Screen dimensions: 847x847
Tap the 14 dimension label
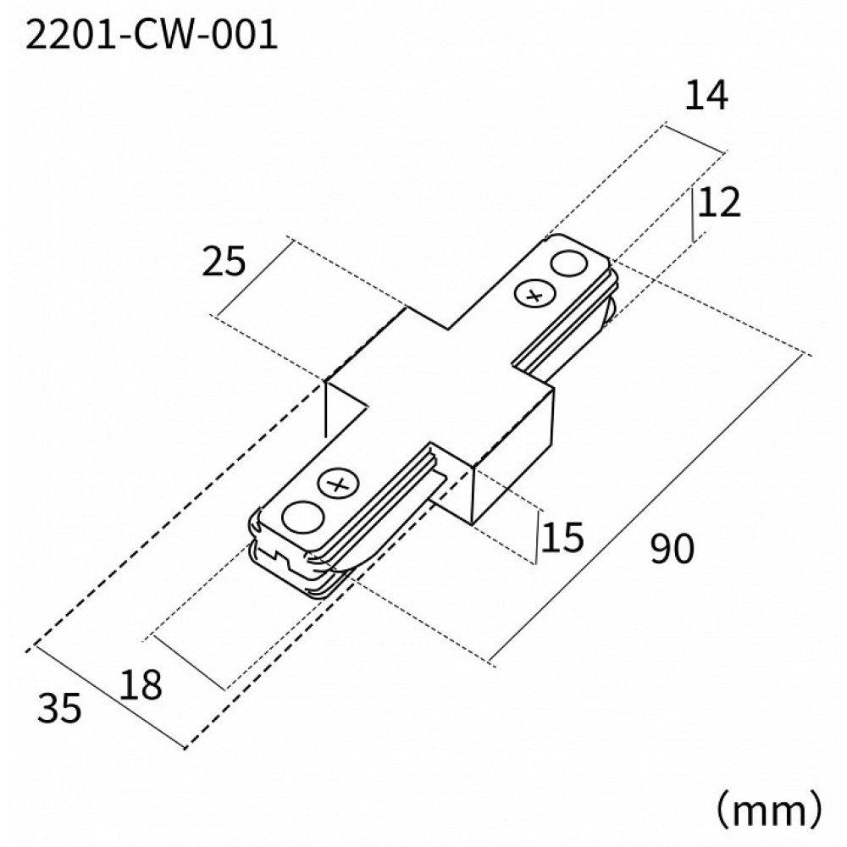tap(706, 97)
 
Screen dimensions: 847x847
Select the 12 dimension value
tap(721, 203)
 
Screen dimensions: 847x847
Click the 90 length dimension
tap(673, 550)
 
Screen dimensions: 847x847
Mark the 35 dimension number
tap(60, 708)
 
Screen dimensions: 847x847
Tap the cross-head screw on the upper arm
tap(533, 296)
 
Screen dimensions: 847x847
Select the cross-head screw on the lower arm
tap(339, 485)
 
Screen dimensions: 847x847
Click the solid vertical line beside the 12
tap(694, 215)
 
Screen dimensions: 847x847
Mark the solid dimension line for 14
tap(695, 139)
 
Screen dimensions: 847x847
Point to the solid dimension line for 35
tap(106, 696)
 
